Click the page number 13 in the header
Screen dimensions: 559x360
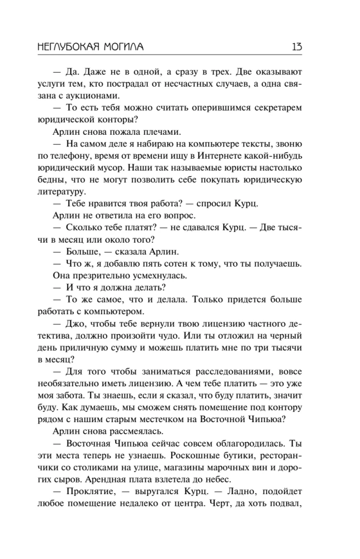(x=296, y=47)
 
